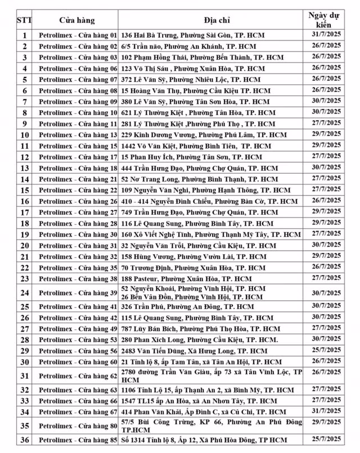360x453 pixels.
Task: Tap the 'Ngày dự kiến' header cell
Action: coord(325,20)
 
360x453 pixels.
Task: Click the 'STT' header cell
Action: coord(24,20)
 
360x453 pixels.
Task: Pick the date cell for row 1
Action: coord(325,35)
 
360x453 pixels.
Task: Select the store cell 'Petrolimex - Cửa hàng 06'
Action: coord(78,68)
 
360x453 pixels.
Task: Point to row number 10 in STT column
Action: coord(24,135)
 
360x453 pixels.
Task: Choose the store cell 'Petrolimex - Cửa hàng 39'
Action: coord(78,292)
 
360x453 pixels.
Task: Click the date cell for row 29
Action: coord(325,351)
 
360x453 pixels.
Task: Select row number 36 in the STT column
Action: coord(24,440)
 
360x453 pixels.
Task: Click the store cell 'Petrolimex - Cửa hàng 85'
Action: coord(78,440)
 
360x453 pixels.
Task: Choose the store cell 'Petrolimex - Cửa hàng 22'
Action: coord(78,190)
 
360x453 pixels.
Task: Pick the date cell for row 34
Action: coord(325,412)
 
